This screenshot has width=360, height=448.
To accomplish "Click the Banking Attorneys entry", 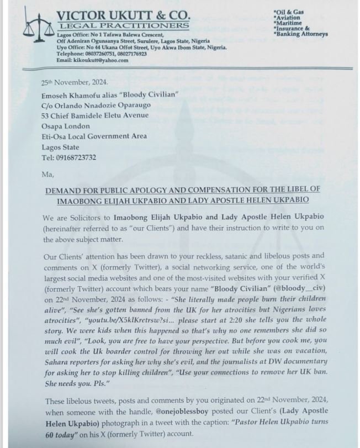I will click(301, 34).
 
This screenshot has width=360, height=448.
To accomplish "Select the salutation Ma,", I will click(48, 175).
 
